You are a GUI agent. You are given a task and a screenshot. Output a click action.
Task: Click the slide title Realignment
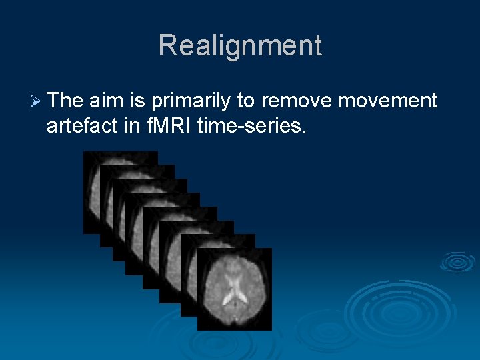(x=240, y=46)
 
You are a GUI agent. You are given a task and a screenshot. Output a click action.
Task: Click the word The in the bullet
(x=65, y=101)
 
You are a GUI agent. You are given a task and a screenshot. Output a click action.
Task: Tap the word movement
(x=388, y=101)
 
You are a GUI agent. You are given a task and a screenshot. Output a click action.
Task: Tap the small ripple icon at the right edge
(x=458, y=261)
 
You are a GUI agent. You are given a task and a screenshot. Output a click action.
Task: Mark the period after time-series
(x=304, y=131)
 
